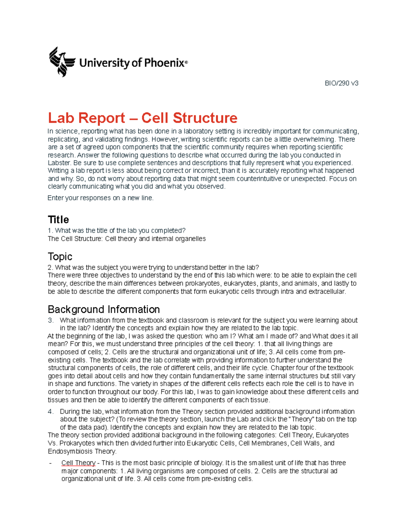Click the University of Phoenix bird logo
coord(62,62)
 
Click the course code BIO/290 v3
coord(341,83)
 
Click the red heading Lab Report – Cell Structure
coord(142,118)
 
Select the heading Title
coord(58,220)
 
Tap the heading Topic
coord(60,256)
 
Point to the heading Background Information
coord(104,309)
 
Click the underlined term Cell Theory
coord(78,463)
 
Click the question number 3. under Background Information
coord(51,320)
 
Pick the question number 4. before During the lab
coord(51,411)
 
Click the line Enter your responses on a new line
coord(100,198)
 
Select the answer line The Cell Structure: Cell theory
coord(126,239)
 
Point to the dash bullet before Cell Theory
coord(50,463)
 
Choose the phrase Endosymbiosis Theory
coord(82,452)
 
